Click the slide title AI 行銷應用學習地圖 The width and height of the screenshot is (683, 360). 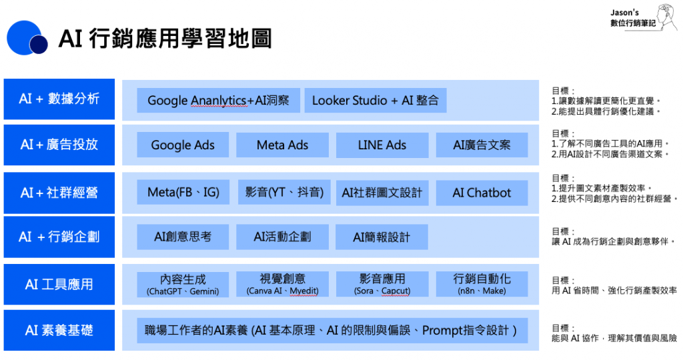165,39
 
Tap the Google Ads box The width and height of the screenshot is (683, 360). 183,145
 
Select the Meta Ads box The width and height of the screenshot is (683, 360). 282,145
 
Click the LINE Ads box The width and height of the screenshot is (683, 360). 382,145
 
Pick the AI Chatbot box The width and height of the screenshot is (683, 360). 482,193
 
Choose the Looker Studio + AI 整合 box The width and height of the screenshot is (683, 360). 376,101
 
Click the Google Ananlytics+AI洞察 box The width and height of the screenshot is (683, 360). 218,101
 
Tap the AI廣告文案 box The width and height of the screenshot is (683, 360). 482,145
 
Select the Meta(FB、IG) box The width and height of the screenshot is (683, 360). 183,193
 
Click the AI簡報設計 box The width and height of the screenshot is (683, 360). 382,237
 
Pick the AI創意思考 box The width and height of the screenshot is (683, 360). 183,237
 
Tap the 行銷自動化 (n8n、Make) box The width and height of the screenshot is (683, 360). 482,284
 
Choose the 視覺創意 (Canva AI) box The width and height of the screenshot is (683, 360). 282,284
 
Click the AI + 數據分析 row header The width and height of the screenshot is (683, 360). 59,99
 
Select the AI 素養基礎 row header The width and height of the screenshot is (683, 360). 59,330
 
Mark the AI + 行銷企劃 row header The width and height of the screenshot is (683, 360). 59,237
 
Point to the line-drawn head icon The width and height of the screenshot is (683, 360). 668,18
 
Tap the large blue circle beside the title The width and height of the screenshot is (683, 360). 23,37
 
